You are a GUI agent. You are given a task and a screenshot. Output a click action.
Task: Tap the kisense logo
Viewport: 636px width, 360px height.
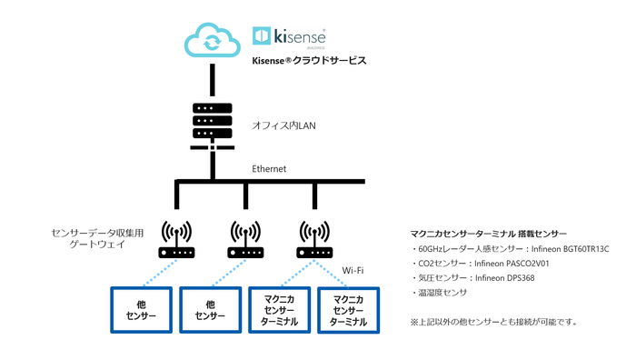click(289, 36)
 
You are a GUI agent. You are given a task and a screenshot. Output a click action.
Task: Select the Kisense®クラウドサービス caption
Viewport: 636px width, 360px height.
click(308, 62)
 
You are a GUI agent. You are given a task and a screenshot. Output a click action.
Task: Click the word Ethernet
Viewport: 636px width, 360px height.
click(269, 169)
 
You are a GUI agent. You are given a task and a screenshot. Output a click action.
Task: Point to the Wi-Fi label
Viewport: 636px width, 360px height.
click(354, 270)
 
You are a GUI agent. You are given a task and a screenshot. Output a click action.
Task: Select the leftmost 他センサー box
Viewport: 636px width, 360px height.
click(142, 310)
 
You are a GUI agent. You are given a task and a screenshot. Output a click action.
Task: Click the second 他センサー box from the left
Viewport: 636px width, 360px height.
click(211, 310)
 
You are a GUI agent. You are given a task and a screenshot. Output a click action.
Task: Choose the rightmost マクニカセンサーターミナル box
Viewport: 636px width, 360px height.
click(349, 310)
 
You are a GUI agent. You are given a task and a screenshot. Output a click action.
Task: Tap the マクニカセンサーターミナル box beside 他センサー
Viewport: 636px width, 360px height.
click(280, 310)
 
